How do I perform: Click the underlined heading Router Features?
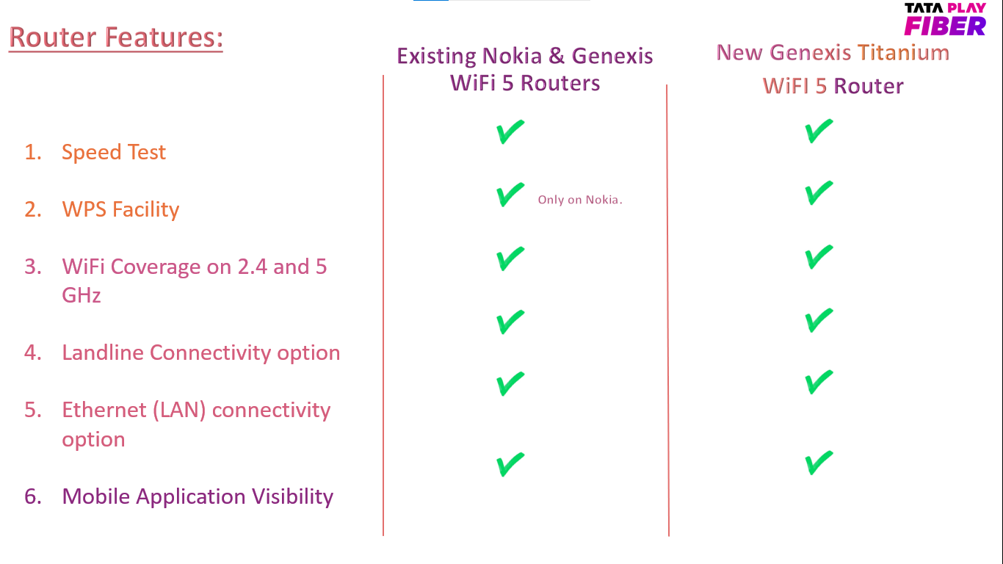pyautogui.click(x=116, y=37)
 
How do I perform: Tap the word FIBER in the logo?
pyautogui.click(x=945, y=26)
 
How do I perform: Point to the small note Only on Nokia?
pyautogui.click(x=580, y=200)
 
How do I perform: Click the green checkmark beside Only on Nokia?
pyautogui.click(x=510, y=195)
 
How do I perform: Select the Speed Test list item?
pyautogui.click(x=114, y=152)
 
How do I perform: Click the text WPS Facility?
pyautogui.click(x=120, y=209)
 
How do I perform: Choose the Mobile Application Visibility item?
pyautogui.click(x=198, y=496)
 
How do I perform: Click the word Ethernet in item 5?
pyautogui.click(x=104, y=410)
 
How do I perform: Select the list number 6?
pyautogui.click(x=33, y=496)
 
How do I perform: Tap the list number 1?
pyautogui.click(x=33, y=152)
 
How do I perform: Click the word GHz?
pyautogui.click(x=81, y=295)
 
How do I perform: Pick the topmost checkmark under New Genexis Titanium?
pyautogui.click(x=819, y=131)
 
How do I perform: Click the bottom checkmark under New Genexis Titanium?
pyautogui.click(x=819, y=463)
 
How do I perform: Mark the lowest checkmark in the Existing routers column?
pyautogui.click(x=510, y=464)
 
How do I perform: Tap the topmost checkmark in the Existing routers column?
pyautogui.click(x=510, y=131)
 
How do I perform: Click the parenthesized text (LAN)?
pyautogui.click(x=179, y=411)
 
